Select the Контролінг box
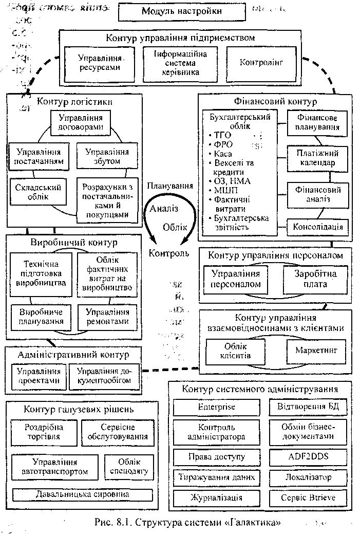click(x=261, y=63)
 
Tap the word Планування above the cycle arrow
click(x=170, y=186)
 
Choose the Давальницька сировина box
click(x=83, y=494)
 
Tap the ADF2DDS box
click(x=308, y=456)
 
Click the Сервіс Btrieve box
click(x=308, y=498)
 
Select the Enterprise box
click(x=216, y=407)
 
